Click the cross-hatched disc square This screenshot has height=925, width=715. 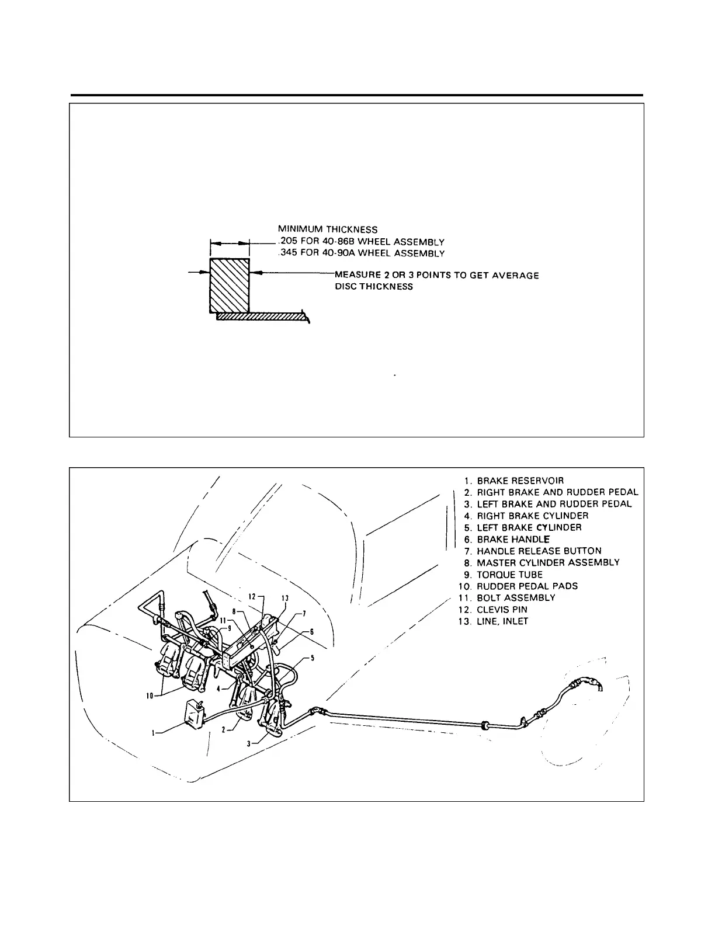(230, 286)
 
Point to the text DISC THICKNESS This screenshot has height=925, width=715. (374, 287)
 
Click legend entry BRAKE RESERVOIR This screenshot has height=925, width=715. (520, 481)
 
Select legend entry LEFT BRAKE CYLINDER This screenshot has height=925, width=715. (529, 527)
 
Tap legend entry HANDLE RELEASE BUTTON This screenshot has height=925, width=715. (539, 551)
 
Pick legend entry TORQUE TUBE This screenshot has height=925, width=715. (509, 574)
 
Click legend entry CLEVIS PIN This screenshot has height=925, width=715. (502, 609)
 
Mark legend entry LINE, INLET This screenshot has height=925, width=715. (502, 621)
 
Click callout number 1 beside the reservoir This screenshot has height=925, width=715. (154, 734)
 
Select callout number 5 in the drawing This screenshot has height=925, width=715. (313, 658)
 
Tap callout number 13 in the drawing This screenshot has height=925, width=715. (284, 598)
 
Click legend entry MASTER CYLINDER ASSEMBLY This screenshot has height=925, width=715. (548, 562)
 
